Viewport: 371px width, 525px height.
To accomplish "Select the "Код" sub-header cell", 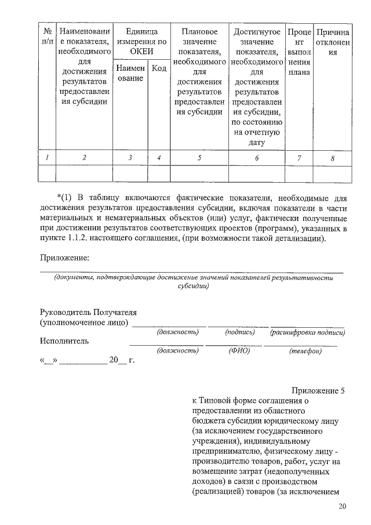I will click(159, 68).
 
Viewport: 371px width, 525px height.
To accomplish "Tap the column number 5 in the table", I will click(199, 158).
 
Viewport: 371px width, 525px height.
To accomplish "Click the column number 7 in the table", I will click(299, 158).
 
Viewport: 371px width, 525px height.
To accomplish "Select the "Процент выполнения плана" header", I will click(299, 52).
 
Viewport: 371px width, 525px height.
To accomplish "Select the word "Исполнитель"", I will click(64, 341).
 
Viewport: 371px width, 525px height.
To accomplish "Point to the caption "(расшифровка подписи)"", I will click(308, 332).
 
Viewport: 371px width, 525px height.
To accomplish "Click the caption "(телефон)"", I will click(305, 351).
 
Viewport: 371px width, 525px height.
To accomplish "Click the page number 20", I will click(342, 507).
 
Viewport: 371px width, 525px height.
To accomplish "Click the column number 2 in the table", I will click(84, 158).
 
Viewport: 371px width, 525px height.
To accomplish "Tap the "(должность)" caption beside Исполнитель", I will click(178, 351).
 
